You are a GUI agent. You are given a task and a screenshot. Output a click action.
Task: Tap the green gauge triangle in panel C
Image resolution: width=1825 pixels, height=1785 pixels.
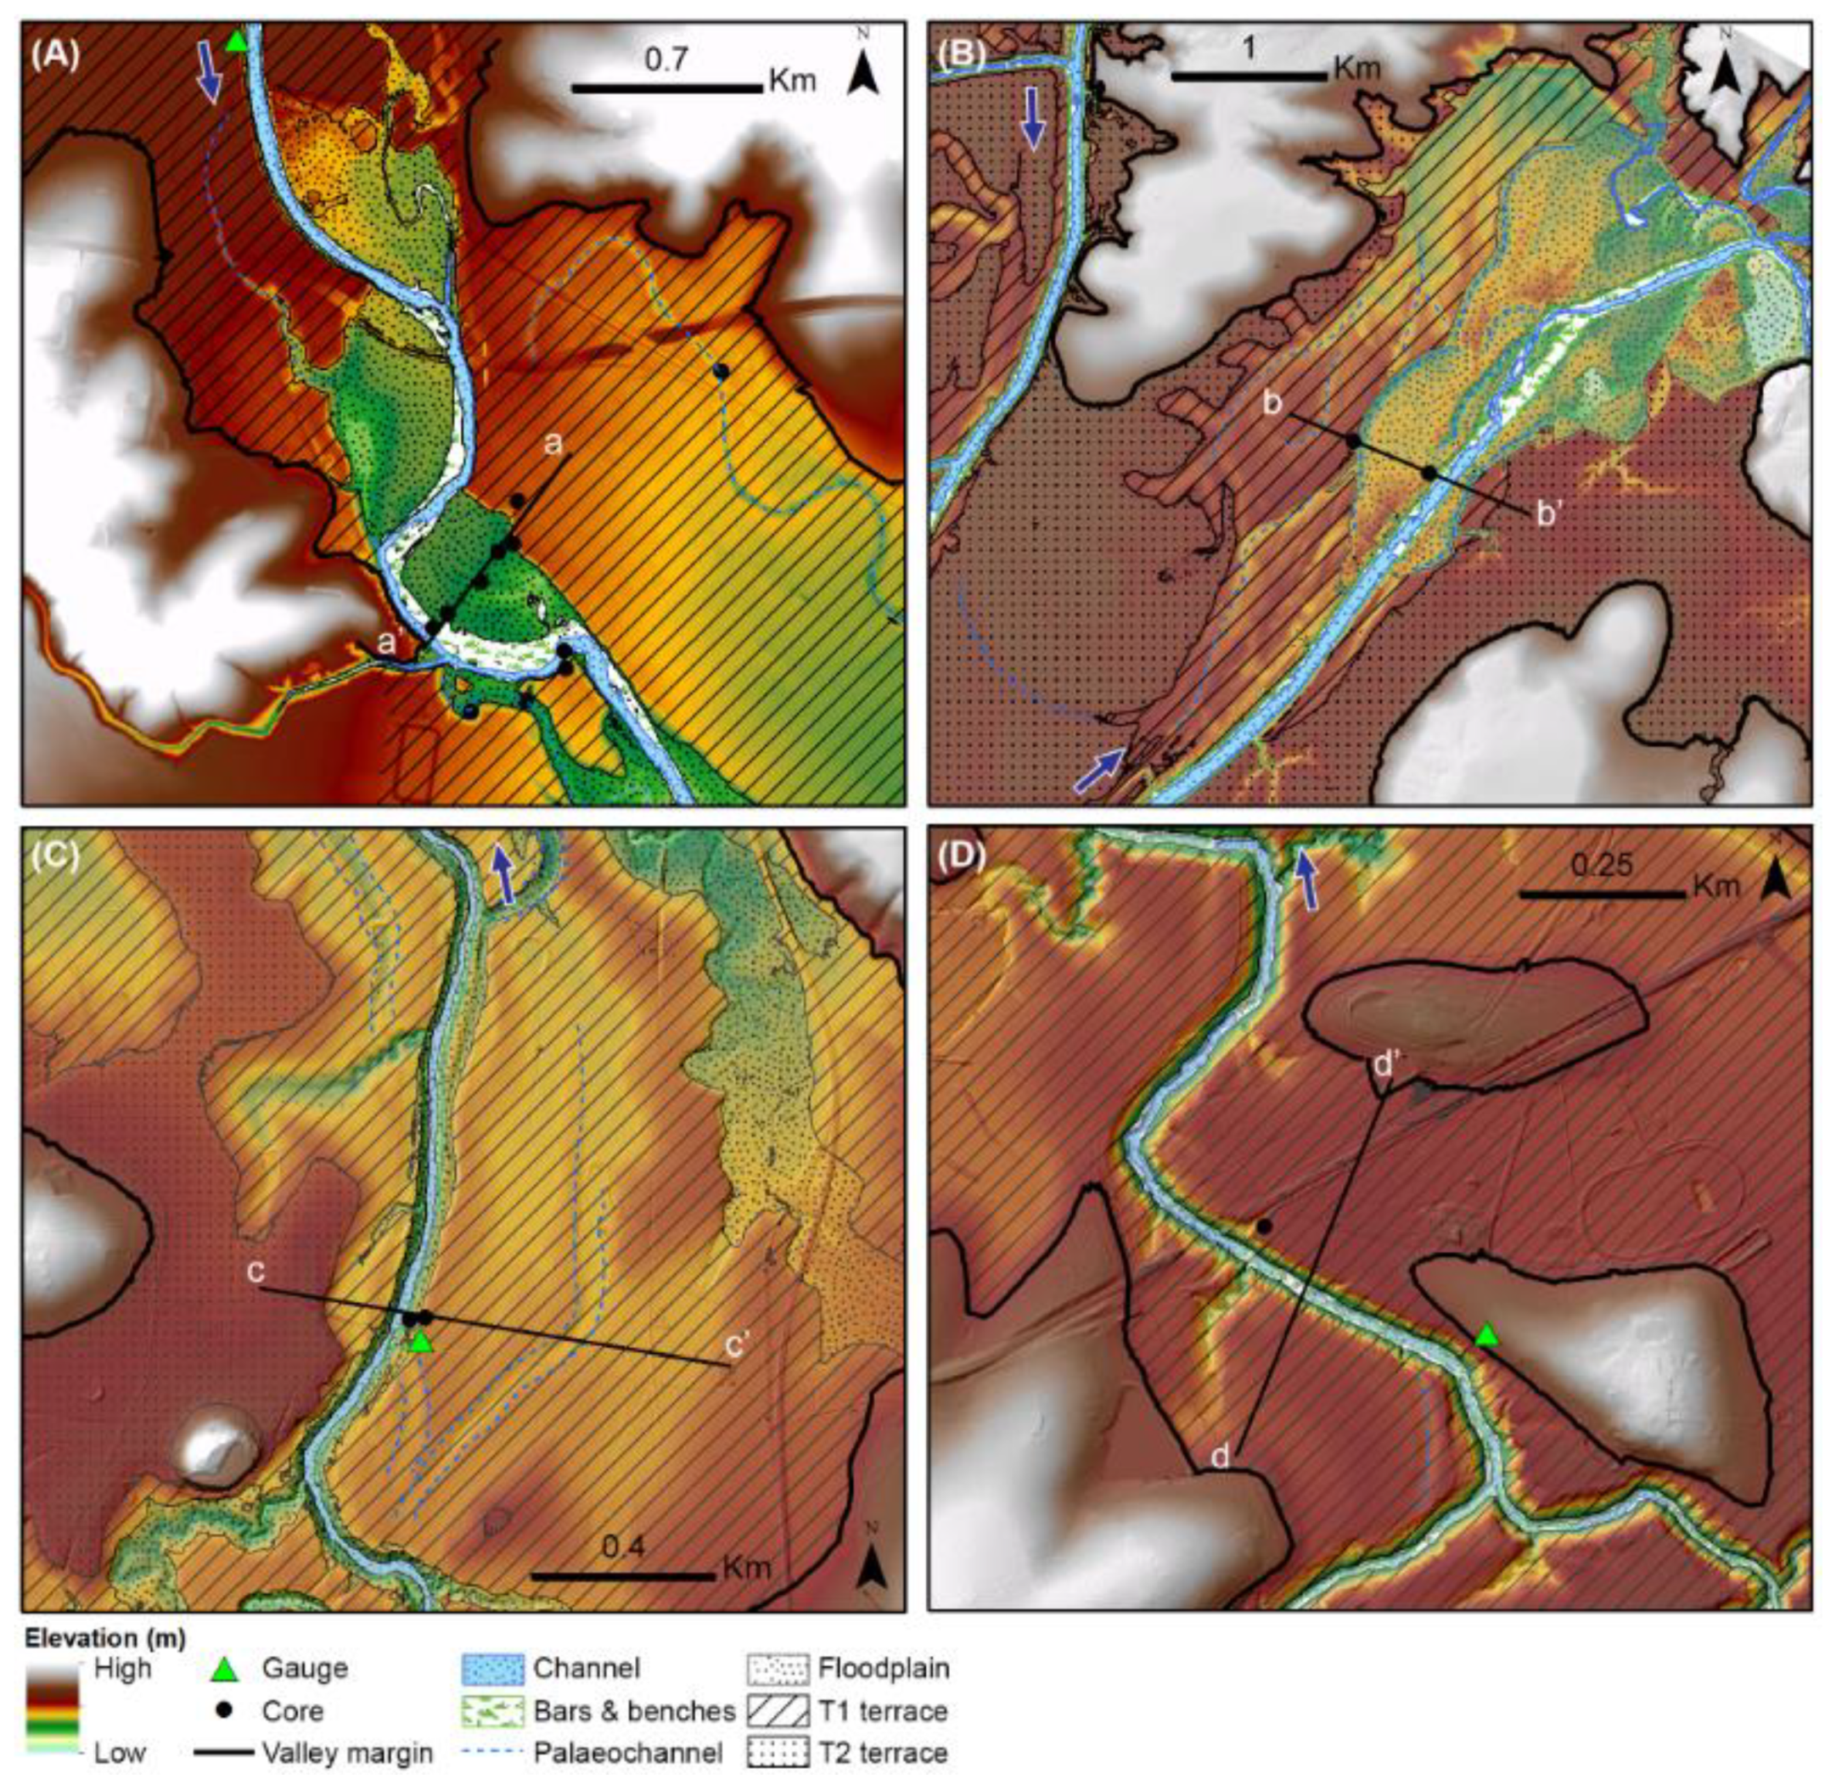click(421, 1342)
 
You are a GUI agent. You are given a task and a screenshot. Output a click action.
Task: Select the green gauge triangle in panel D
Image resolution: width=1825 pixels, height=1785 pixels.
click(1485, 1335)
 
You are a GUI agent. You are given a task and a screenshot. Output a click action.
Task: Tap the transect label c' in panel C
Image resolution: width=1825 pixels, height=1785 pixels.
click(744, 1345)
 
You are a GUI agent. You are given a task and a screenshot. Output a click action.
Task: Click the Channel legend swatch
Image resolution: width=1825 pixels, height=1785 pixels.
click(492, 1668)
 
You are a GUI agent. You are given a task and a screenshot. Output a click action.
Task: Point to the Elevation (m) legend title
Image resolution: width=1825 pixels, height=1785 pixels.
click(105, 1638)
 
